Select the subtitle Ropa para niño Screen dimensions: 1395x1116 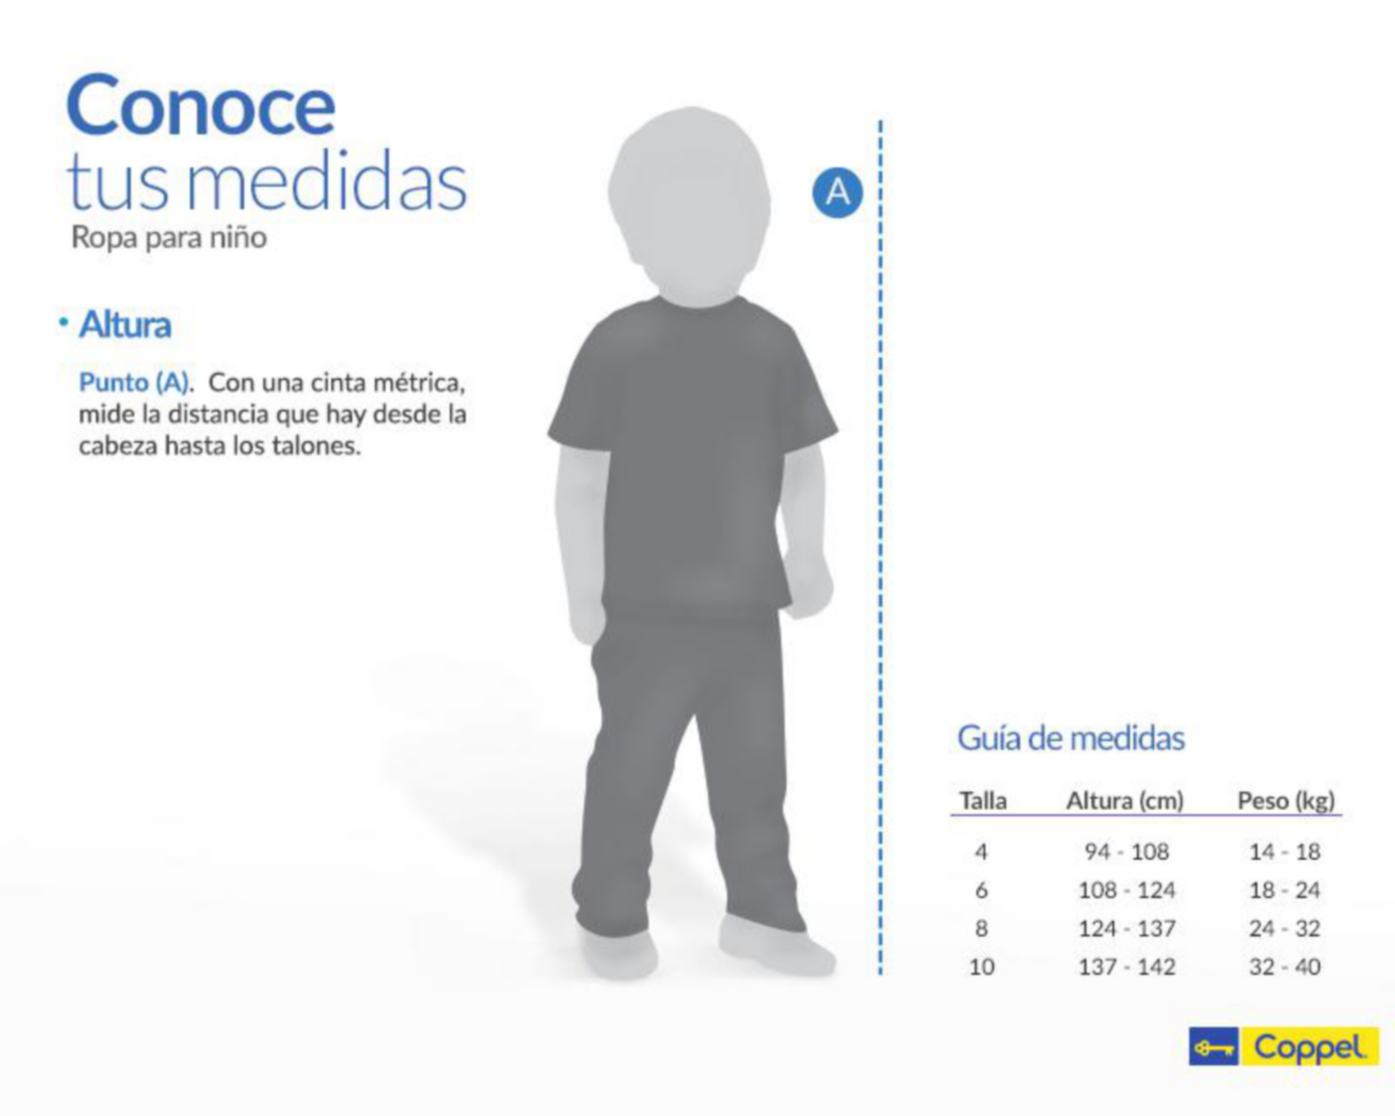click(169, 237)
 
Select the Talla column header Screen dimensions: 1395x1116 click(983, 801)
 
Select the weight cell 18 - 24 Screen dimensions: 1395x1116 click(1285, 890)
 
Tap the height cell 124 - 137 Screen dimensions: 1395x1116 click(1127, 928)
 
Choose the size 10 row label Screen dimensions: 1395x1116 click(981, 967)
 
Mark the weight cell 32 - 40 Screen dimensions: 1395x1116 click(1285, 967)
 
